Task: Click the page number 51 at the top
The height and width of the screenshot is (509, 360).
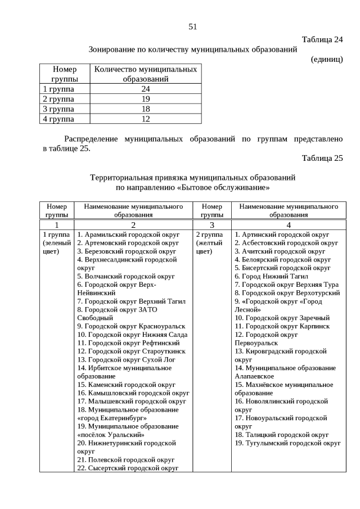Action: click(x=192, y=26)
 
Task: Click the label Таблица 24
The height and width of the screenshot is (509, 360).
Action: click(x=322, y=39)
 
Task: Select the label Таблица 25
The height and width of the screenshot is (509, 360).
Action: click(x=322, y=157)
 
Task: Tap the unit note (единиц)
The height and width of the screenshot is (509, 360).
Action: click(x=326, y=59)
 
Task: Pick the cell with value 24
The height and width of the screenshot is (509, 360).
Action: click(x=146, y=89)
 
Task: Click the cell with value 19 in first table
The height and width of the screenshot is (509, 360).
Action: click(x=146, y=99)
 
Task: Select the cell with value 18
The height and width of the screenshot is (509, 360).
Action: click(x=146, y=109)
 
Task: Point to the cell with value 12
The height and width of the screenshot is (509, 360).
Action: click(x=146, y=119)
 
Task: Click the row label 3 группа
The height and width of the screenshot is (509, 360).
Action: click(x=58, y=109)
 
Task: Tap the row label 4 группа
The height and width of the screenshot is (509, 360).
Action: click(x=58, y=119)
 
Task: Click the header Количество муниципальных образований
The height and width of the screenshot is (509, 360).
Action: click(x=146, y=74)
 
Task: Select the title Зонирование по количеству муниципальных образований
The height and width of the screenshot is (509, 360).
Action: click(x=192, y=49)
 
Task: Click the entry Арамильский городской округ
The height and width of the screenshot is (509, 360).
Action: click(x=128, y=235)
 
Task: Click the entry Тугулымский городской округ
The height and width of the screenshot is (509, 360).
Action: click(x=287, y=443)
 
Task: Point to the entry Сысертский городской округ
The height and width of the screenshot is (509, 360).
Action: click(x=128, y=468)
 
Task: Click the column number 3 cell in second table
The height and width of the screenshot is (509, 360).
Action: click(x=212, y=224)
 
